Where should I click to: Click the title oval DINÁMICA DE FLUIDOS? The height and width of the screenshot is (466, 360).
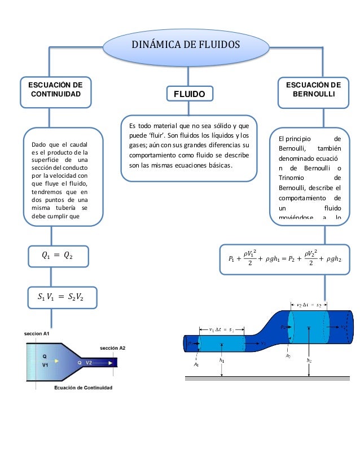[186, 45]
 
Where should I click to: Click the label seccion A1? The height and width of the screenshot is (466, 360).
[37, 334]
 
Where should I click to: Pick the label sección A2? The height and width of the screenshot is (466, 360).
[113, 348]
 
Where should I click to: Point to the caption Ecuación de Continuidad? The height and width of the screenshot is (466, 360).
[83, 388]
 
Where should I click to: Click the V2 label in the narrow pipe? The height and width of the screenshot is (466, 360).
[89, 362]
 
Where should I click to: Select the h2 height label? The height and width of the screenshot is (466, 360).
[309, 359]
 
